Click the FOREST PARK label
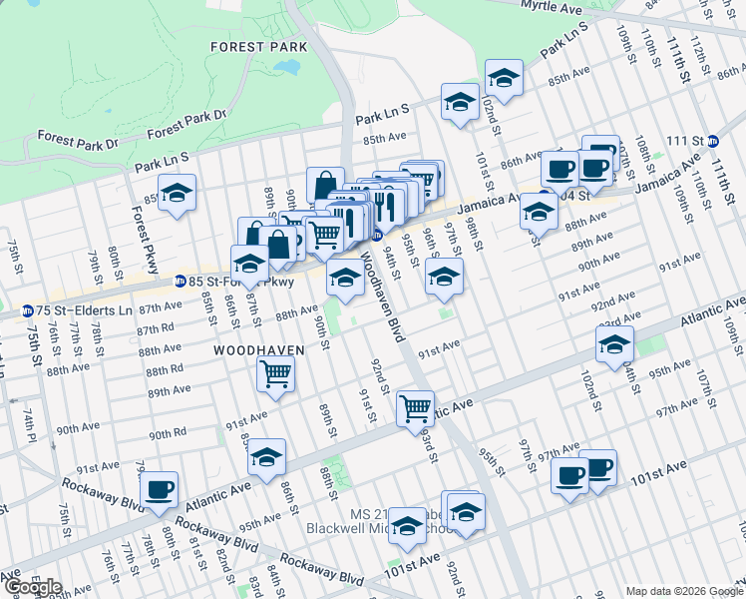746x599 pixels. [250, 46]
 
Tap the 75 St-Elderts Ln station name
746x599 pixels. [86, 310]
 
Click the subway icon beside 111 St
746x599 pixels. [713, 141]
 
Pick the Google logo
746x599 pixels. [32, 587]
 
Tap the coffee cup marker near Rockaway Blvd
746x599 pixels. [160, 489]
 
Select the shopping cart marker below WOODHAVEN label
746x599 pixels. [274, 374]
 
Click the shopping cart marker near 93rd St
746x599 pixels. [415, 407]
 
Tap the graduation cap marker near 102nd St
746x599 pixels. [505, 77]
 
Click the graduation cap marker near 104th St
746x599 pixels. [614, 344]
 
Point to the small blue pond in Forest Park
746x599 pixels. [286, 68]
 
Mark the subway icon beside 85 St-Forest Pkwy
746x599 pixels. [181, 283]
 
